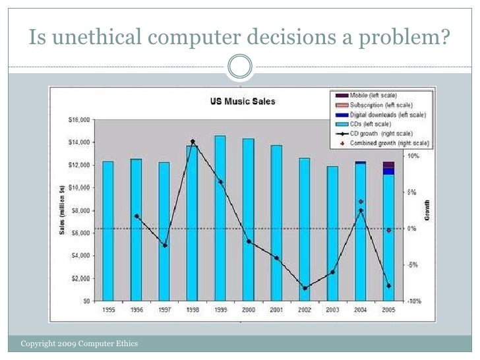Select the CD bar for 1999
click(x=220, y=218)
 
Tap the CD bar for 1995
click(x=108, y=231)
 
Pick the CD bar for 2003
click(x=332, y=233)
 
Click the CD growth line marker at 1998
click(x=193, y=142)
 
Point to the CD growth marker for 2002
click(x=305, y=288)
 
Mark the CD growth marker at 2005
click(x=388, y=286)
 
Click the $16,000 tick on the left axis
click(x=81, y=120)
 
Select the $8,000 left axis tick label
click(x=82, y=210)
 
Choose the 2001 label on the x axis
click(x=276, y=310)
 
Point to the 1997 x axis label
click(x=164, y=310)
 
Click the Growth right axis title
click(x=428, y=210)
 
